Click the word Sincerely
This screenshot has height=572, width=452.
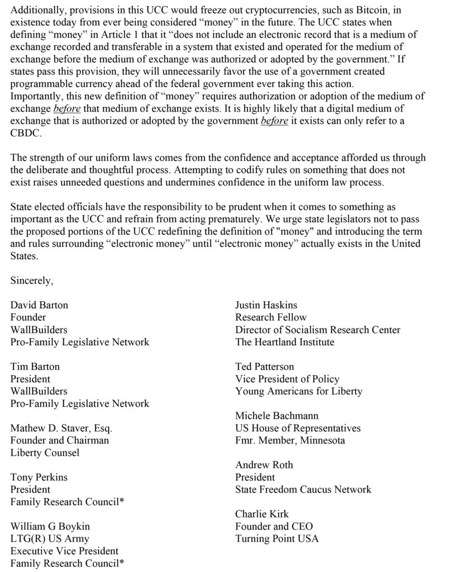click(32, 281)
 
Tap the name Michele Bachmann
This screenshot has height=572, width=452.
click(276, 416)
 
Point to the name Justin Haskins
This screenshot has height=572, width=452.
click(266, 305)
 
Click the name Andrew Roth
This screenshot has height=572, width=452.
click(264, 465)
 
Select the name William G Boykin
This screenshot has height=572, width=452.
click(50, 526)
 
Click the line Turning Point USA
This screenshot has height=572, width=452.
click(277, 538)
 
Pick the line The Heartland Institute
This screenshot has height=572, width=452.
click(284, 342)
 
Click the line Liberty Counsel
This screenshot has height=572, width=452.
click(45, 452)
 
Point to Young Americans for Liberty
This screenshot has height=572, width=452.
click(299, 391)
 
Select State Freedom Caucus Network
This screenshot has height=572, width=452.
click(303, 489)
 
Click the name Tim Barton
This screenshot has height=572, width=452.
click(35, 367)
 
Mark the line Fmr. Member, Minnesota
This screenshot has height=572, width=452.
click(290, 440)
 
